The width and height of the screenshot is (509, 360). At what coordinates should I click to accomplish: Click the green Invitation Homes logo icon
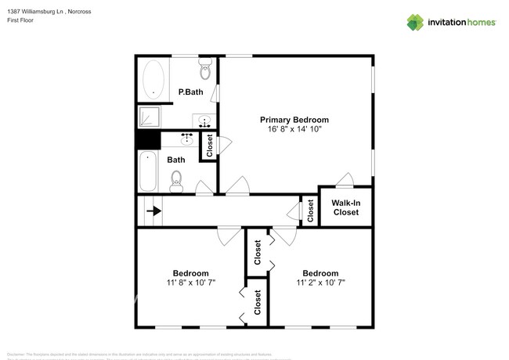415,22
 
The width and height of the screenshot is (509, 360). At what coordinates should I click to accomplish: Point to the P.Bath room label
191,92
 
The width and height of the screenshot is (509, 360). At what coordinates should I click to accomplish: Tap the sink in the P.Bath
204,122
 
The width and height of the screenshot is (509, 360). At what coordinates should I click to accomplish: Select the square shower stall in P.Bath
149,117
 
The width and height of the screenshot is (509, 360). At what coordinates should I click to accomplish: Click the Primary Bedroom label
294,120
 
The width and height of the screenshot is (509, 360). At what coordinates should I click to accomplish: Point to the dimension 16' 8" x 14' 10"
294,129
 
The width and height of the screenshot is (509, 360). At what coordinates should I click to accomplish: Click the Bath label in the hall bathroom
176,160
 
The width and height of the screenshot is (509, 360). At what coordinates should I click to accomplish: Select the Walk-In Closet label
345,207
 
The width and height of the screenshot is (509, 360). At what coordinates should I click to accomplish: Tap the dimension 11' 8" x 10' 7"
190,283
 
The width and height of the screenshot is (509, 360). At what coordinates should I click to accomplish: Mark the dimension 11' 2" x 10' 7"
320,283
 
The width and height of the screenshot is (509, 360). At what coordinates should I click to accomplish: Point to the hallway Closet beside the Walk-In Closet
310,211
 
